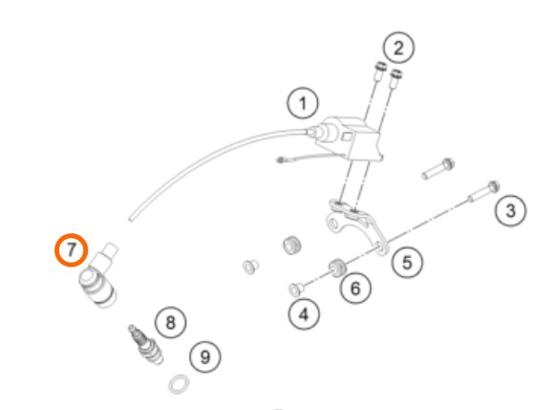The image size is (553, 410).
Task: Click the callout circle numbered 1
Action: [x=303, y=103]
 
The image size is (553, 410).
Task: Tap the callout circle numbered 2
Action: [x=398, y=48]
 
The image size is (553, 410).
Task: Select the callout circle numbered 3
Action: [x=510, y=210]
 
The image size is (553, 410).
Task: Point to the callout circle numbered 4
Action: [x=304, y=314]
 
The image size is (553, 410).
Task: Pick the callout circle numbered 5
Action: [x=407, y=263]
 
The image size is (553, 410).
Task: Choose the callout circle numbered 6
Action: [x=355, y=289]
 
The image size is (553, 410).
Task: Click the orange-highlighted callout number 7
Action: [x=71, y=249]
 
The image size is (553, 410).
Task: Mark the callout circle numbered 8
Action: [x=171, y=322]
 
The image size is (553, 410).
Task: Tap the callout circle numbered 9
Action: [x=205, y=356]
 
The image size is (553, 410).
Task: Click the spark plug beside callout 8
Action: [x=145, y=345]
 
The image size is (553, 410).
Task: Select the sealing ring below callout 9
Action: [x=179, y=384]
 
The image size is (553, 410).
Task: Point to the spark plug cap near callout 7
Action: [x=98, y=277]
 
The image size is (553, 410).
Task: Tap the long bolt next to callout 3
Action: [x=483, y=192]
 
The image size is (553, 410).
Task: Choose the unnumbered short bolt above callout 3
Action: [x=438, y=169]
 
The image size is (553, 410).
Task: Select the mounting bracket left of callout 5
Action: [x=356, y=224]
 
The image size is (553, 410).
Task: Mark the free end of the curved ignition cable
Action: [x=131, y=220]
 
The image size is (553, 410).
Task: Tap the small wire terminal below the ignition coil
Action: [x=281, y=161]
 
